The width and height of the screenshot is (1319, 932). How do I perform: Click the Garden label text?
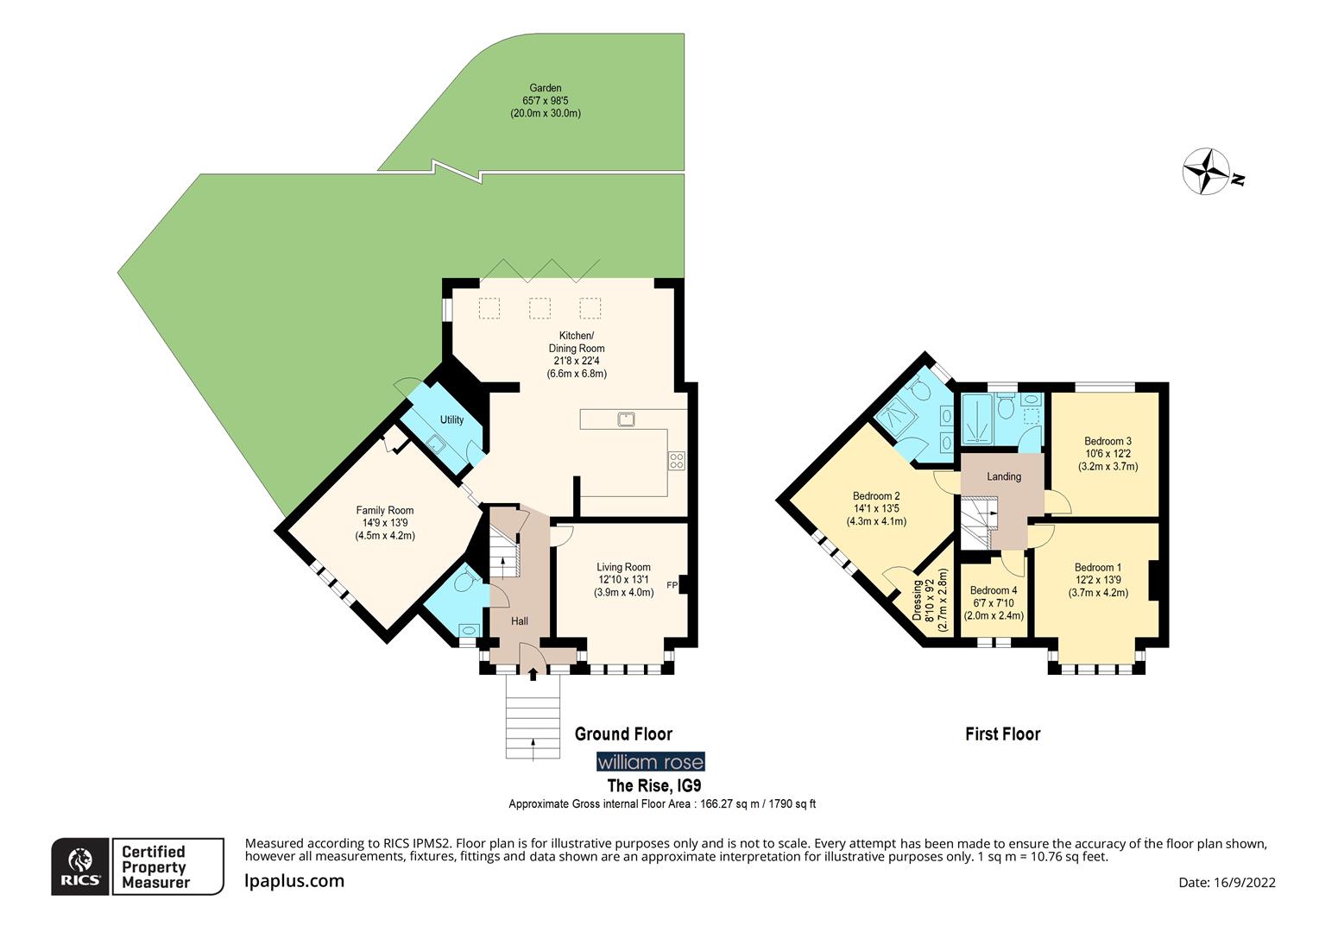[545, 100]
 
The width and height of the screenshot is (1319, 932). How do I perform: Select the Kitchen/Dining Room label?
[577, 355]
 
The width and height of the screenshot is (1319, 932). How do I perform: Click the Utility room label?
[451, 420]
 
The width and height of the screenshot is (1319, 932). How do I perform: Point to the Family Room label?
[385, 523]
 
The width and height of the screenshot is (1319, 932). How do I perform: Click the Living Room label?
[623, 580]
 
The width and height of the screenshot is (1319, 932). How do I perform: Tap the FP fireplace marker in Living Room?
[672, 586]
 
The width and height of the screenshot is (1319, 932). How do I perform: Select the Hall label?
[520, 621]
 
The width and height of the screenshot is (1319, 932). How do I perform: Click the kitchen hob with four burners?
[676, 461]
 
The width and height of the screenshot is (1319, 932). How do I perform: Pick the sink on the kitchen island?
[627, 419]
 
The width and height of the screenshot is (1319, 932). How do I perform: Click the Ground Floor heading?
[623, 734]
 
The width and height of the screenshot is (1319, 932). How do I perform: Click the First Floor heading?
[1002, 734]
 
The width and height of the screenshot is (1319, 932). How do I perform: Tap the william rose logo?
[651, 762]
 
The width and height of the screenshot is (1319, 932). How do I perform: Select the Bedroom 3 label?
[1108, 454]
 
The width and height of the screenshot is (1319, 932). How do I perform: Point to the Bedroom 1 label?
[1098, 580]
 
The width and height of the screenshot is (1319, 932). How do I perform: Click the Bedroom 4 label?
[993, 603]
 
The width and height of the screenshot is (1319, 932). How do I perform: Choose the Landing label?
[1004, 476]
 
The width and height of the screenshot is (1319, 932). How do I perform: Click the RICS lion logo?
[80, 866]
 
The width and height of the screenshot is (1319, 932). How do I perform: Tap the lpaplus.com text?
[294, 881]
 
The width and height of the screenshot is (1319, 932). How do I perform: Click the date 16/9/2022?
[1227, 882]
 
